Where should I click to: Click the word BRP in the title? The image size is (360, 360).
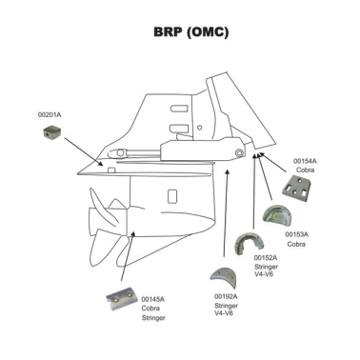point(169,31)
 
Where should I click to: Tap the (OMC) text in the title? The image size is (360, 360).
point(210,31)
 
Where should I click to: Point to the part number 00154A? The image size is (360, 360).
point(305,162)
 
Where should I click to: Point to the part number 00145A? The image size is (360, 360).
point(152,299)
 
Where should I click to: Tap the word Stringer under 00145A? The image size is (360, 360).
point(153,317)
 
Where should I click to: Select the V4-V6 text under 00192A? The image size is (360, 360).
point(225,314)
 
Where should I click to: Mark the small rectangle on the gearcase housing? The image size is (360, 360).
point(112,172)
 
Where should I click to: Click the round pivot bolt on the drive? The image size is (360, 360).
point(237,153)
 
